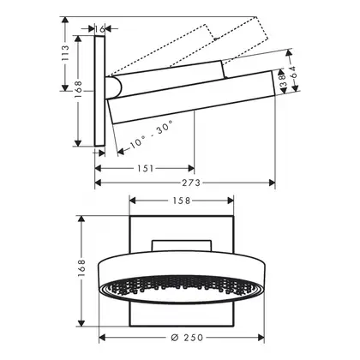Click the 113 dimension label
(x=65, y=53)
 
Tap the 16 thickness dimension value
(x=99, y=28)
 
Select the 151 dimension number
(x=146, y=169)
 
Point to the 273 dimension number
(x=191, y=183)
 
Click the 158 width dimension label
(x=182, y=201)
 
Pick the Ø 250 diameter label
(x=187, y=338)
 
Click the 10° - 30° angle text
(x=151, y=135)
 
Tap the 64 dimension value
(x=293, y=72)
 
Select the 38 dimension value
(x=282, y=81)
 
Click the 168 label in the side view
(x=78, y=90)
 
